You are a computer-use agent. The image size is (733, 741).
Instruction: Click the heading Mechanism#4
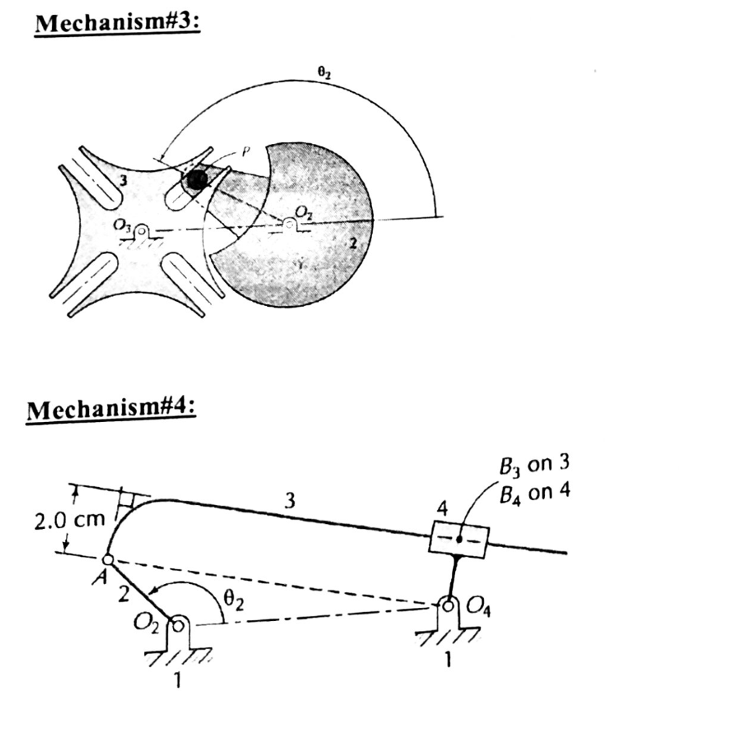[x=111, y=412]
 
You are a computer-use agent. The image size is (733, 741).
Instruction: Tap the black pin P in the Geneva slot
[x=195, y=180]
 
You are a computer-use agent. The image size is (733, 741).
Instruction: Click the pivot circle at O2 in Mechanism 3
[x=290, y=225]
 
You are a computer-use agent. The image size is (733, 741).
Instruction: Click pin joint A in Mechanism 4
[x=108, y=559]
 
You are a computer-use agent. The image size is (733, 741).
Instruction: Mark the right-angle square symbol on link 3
[x=128, y=499]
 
